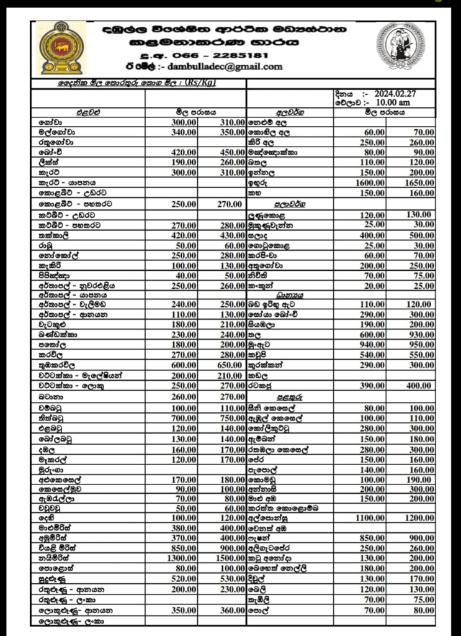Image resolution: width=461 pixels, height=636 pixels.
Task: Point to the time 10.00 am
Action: click(392, 102)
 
